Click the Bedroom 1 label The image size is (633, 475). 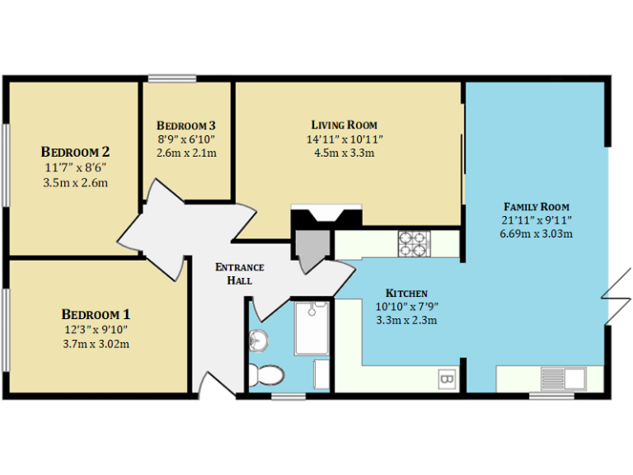click(x=96, y=314)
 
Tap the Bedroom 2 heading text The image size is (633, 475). click(x=75, y=152)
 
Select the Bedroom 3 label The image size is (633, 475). click(x=186, y=125)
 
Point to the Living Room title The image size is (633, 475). click(x=344, y=125)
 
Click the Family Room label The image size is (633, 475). click(x=537, y=206)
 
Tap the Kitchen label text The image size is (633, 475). click(x=406, y=293)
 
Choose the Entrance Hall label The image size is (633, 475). click(x=239, y=274)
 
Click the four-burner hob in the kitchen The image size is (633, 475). click(x=415, y=242)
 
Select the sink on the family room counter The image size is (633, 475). click(x=562, y=379)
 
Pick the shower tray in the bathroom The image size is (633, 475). click(x=312, y=327)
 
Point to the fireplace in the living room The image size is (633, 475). click(x=326, y=218)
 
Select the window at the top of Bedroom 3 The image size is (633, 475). click(x=171, y=79)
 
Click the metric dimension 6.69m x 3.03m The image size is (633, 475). click(x=537, y=233)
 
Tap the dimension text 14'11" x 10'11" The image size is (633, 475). click(x=344, y=139)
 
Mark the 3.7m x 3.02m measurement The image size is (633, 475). click(x=96, y=344)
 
